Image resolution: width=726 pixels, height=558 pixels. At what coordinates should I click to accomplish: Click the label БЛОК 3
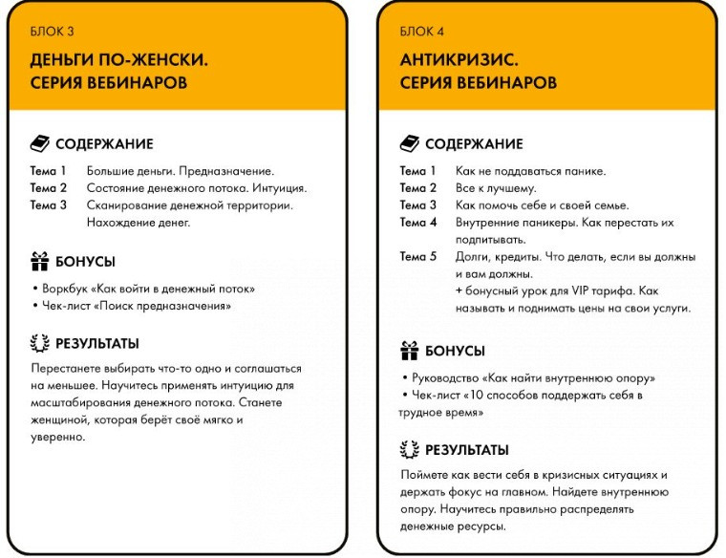coord(49,32)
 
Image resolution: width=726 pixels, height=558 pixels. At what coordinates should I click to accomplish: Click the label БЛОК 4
coord(418,32)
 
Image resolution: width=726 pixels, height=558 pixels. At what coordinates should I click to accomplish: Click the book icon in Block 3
coord(39,144)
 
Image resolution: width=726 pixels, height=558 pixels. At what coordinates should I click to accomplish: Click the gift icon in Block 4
coord(409,350)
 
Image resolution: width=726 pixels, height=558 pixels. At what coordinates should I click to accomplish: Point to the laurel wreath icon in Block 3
coord(39,343)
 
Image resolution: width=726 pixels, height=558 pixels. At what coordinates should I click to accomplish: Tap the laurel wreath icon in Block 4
coord(409,450)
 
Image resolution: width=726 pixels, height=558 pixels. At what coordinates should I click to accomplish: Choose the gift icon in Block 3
coord(39,261)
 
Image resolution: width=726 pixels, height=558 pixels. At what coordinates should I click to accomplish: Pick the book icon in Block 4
coord(409,144)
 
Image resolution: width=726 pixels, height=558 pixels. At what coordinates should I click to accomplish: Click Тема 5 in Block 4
coord(417,257)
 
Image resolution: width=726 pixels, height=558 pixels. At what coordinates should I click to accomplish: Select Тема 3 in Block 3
coord(48,205)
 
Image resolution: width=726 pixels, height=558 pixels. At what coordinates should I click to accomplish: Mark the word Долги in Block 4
coord(472,257)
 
